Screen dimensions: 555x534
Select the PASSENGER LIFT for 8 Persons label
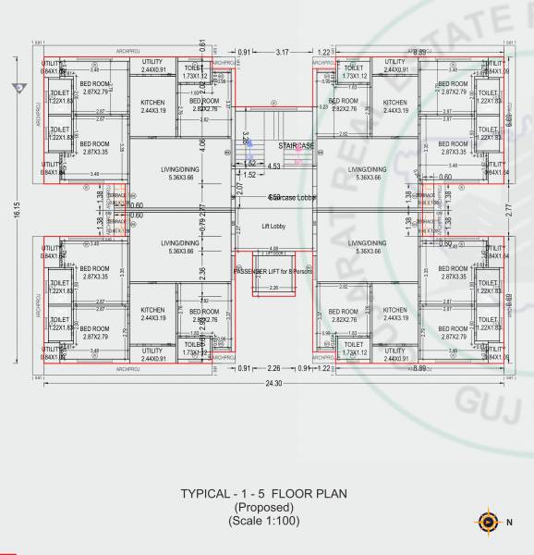(274, 270)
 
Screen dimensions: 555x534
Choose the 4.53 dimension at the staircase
(274, 166)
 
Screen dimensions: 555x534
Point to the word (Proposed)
(263, 508)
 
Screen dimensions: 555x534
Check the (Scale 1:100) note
(264, 522)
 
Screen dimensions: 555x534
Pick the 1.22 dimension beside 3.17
(324, 53)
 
